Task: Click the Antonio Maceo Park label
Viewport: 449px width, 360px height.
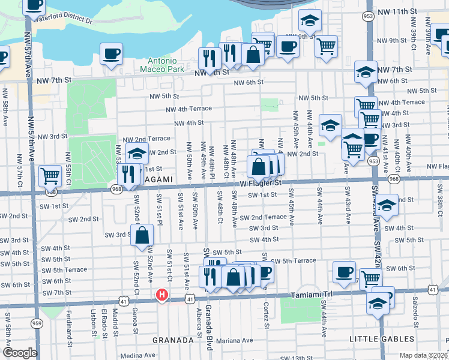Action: click(x=162, y=65)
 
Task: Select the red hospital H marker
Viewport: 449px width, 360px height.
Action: click(x=161, y=295)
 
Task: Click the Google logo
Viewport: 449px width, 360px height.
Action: click(x=20, y=353)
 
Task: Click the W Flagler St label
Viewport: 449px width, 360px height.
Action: click(x=261, y=182)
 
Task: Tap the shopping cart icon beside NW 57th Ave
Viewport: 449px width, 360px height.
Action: click(x=50, y=176)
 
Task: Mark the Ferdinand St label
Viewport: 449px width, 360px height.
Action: click(x=70, y=323)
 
